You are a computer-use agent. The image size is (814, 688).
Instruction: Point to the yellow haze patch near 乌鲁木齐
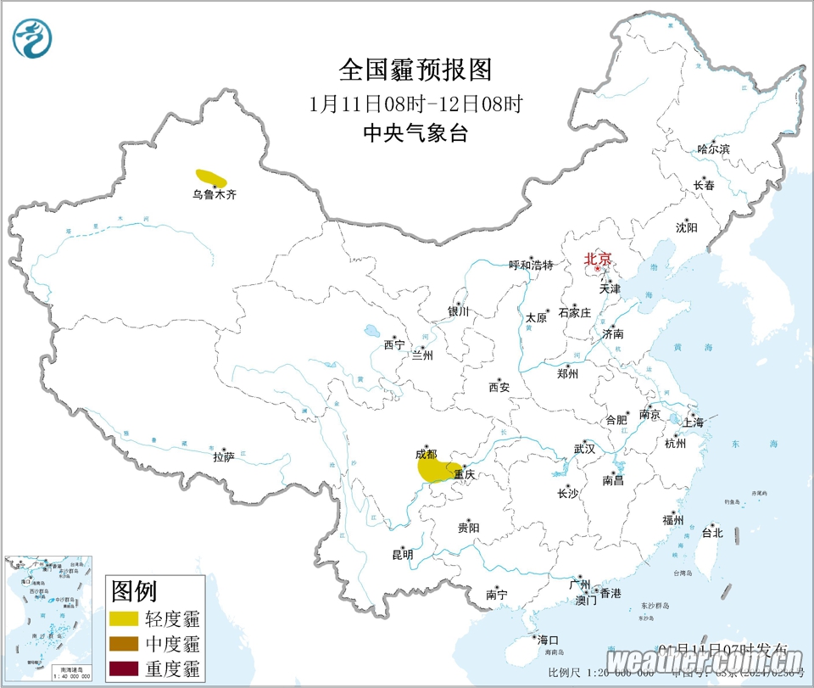[x=211, y=177]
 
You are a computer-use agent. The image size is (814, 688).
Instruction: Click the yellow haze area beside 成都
[x=433, y=470]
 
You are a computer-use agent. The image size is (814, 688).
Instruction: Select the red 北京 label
[x=597, y=260]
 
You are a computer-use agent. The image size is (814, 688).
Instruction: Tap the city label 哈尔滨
[x=713, y=149]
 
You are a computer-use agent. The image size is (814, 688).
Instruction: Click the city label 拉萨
[x=223, y=457]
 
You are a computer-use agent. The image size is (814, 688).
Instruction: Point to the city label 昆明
[x=402, y=555]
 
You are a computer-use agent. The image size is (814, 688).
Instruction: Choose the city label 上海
[x=692, y=422]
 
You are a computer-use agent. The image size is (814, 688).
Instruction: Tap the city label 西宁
[x=394, y=345]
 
